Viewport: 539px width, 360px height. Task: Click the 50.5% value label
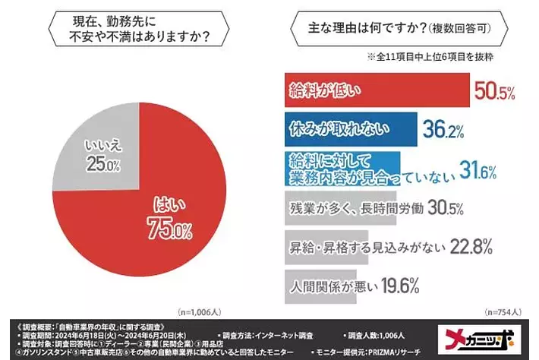click(x=495, y=92)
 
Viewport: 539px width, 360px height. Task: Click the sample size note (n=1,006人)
click(x=200, y=311)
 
